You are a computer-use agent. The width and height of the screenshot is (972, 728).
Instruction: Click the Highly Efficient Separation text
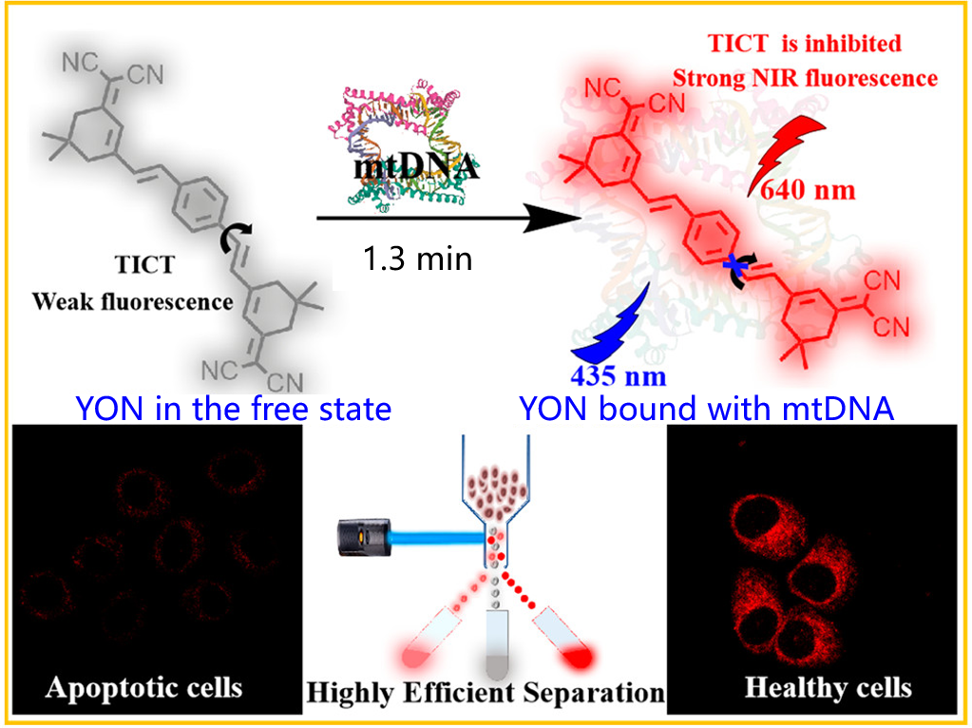tap(485, 691)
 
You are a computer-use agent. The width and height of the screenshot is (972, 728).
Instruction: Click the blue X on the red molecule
tap(734, 269)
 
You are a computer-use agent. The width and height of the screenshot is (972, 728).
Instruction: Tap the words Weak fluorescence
tap(133, 302)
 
